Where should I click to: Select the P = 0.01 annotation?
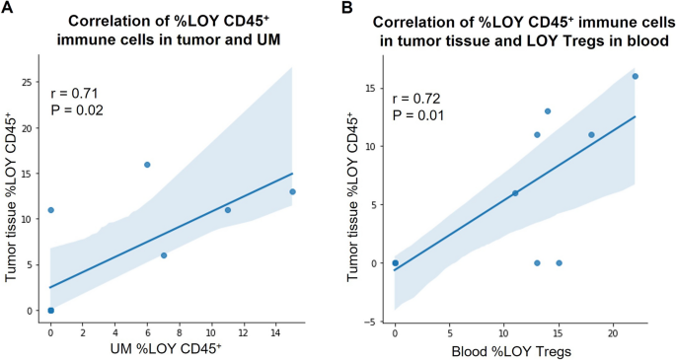pyautogui.click(x=418, y=116)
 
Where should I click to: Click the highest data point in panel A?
pyautogui.click(x=147, y=165)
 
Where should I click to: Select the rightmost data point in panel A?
pyautogui.click(x=292, y=191)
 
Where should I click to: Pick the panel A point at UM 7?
pyautogui.click(x=164, y=255)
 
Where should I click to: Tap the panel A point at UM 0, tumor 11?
pyautogui.click(x=50, y=210)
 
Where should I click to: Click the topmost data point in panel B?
pyautogui.click(x=635, y=76)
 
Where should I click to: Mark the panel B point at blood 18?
pyautogui.click(x=591, y=135)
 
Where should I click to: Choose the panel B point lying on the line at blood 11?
pyautogui.click(x=515, y=193)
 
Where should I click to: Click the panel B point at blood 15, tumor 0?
pyautogui.click(x=559, y=263)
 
